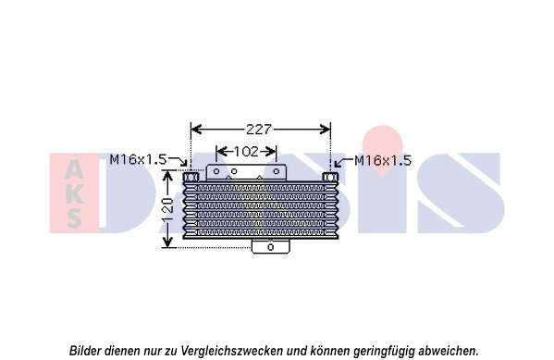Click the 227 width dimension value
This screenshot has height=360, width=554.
(x=259, y=130)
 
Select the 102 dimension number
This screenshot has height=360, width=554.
(x=247, y=152)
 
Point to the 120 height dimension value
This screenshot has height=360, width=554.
(x=168, y=210)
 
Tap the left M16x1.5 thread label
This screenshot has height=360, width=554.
(x=138, y=159)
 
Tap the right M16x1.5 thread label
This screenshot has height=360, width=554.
(x=383, y=160)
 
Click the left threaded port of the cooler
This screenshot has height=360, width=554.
(x=191, y=176)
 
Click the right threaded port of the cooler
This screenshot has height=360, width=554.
(x=330, y=177)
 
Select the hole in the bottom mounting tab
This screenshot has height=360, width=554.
(x=271, y=247)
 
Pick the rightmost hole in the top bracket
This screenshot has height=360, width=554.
(x=277, y=171)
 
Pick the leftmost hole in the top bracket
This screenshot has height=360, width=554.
(x=216, y=171)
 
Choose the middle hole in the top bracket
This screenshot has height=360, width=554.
(x=234, y=171)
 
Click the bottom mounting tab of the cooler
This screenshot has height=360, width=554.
(x=271, y=246)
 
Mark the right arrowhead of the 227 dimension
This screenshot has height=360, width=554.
(x=326, y=130)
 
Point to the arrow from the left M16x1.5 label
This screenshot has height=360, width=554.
(x=178, y=161)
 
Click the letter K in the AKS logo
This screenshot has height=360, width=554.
(x=74, y=194)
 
